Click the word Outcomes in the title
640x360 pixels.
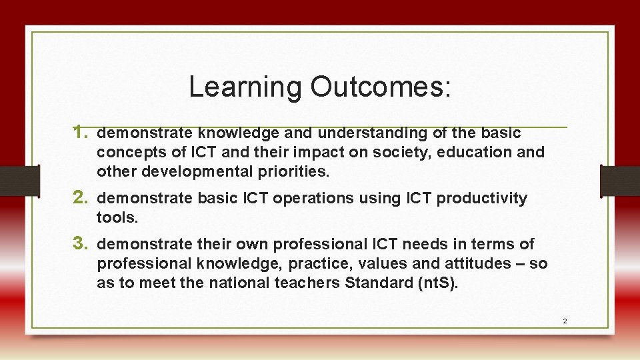tap(380, 87)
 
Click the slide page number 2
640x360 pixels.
tap(565, 321)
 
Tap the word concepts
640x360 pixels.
tap(129, 152)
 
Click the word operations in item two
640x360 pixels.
tap(251, 198)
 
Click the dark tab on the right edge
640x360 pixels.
tap(619, 181)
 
